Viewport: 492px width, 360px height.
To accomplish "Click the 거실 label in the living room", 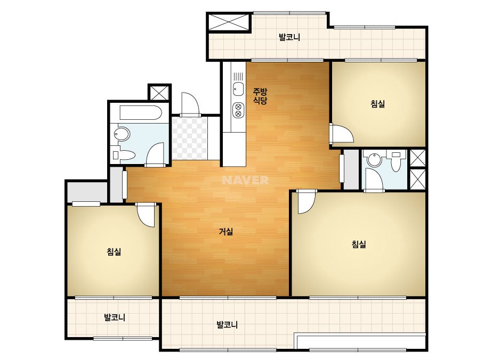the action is pyautogui.click(x=226, y=232).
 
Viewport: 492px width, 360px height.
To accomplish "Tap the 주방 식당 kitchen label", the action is pyautogui.click(x=260, y=96).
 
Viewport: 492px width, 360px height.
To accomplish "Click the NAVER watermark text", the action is pyautogui.click(x=245, y=180).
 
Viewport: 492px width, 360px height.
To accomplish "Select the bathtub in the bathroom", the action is pyautogui.click(x=141, y=113).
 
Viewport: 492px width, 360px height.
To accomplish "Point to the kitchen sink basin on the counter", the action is pyautogui.click(x=238, y=89).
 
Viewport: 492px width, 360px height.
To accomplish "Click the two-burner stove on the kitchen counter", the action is pyautogui.click(x=238, y=110).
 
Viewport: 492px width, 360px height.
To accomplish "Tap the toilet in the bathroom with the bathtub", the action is pyautogui.click(x=124, y=155).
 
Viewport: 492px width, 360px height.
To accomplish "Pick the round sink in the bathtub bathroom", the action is pyautogui.click(x=122, y=134).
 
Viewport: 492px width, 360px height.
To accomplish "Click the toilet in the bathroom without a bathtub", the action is pyautogui.click(x=396, y=161).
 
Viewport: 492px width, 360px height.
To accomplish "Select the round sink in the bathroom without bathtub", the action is pyautogui.click(x=374, y=160).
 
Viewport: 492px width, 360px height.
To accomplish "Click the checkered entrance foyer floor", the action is pyautogui.click(x=190, y=138).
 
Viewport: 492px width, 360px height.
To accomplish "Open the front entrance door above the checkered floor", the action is pyautogui.click(x=190, y=104).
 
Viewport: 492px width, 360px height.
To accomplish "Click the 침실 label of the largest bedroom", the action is pyautogui.click(x=359, y=244).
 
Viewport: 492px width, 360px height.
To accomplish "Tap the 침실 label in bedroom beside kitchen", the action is pyautogui.click(x=377, y=104).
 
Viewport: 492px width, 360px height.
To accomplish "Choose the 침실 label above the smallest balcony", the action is pyautogui.click(x=114, y=251).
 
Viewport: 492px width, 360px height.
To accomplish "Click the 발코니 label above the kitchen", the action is pyautogui.click(x=289, y=37).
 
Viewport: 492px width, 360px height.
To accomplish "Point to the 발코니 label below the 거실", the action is pyautogui.click(x=227, y=324).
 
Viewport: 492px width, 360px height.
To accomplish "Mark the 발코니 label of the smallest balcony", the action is pyautogui.click(x=115, y=317).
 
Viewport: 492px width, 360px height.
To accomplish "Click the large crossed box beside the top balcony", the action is pyautogui.click(x=229, y=22).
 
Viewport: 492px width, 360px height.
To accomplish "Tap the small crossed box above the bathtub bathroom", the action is pyautogui.click(x=159, y=93).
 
